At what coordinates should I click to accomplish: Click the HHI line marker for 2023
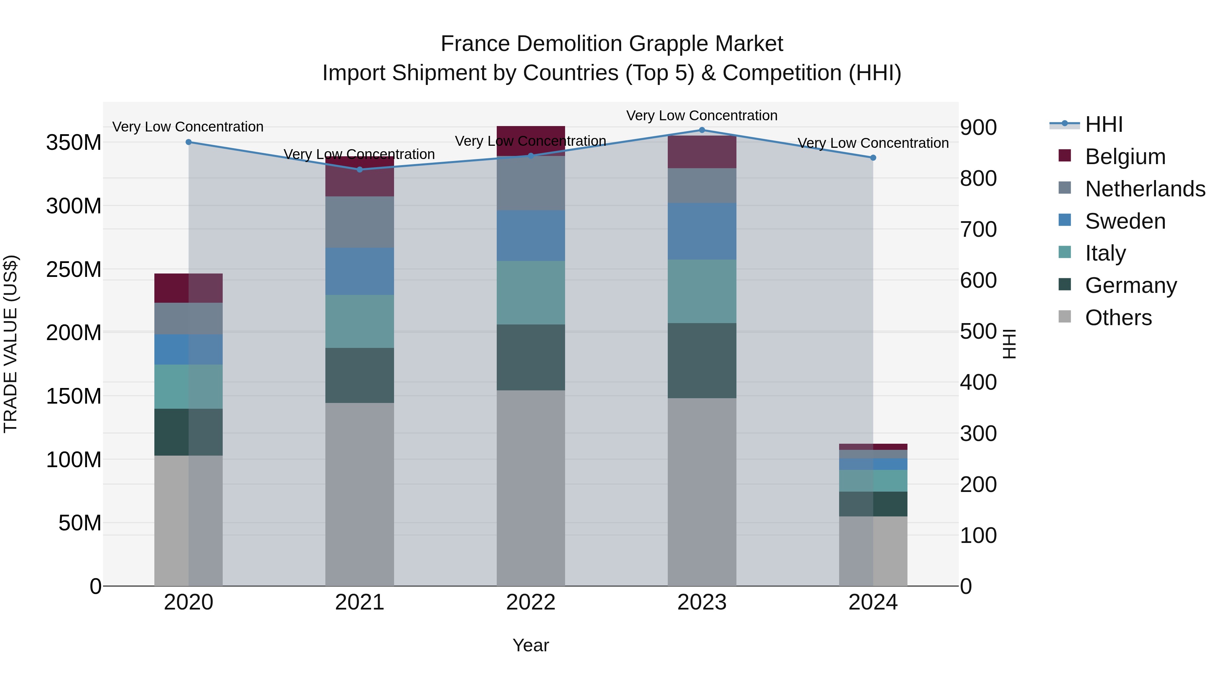pos(702,130)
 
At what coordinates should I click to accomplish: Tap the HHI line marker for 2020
pos(189,142)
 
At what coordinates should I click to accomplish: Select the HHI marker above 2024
pos(873,158)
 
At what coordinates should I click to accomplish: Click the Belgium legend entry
pos(1125,157)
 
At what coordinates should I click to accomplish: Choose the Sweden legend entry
pos(1125,221)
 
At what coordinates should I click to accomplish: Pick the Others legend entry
pos(1118,318)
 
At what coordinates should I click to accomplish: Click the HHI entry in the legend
pos(1103,124)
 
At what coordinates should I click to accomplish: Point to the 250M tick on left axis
pos(74,270)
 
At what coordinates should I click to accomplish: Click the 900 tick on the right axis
pos(978,127)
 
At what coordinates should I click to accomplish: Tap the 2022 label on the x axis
pos(531,602)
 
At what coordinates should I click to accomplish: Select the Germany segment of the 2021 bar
pos(360,375)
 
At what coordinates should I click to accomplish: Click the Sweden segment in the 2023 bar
pos(702,231)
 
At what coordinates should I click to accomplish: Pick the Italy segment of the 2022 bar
pos(531,293)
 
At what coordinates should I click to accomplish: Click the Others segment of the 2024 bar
pos(873,551)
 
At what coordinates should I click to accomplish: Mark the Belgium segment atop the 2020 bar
pos(189,288)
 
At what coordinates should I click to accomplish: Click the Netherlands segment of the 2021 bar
pos(360,222)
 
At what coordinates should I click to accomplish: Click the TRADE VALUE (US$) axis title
pos(11,344)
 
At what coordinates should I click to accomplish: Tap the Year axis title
pos(531,645)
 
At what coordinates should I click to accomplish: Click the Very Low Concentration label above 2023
pos(702,116)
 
